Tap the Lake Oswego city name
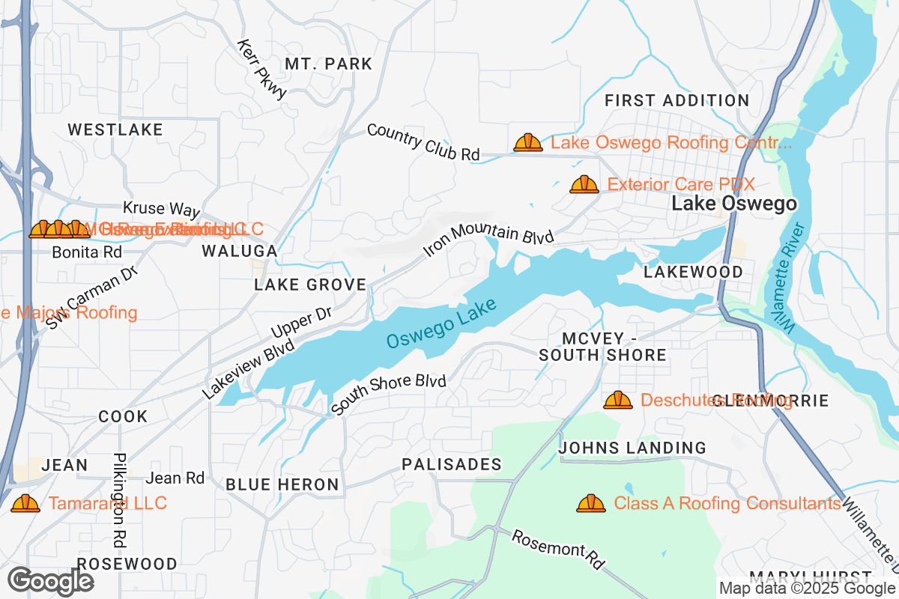(733, 204)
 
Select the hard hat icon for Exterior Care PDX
(584, 184)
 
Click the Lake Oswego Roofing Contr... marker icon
(528, 142)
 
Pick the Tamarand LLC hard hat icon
(25, 504)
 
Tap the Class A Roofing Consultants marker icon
(591, 504)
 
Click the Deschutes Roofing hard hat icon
(618, 401)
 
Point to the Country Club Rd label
(423, 142)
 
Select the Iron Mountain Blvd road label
(488, 238)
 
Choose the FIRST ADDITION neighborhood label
(676, 100)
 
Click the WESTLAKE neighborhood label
(115, 130)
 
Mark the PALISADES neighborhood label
(451, 465)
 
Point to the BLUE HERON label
(282, 485)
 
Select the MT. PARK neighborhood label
(328, 64)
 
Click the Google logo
(51, 580)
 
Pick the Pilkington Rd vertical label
(118, 499)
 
